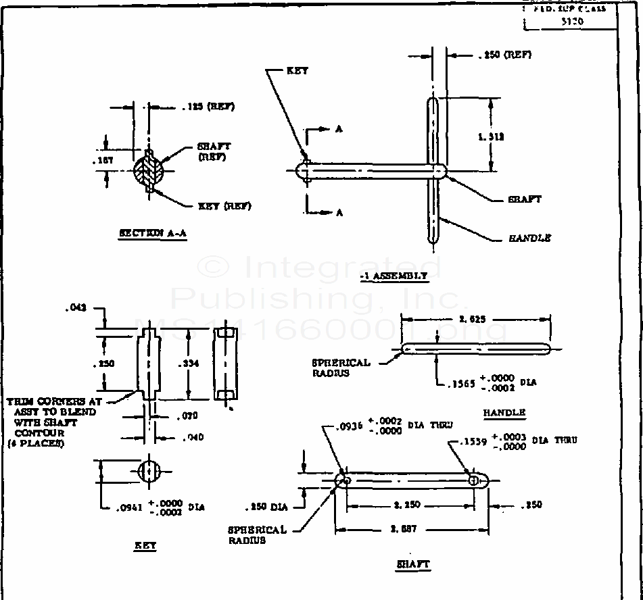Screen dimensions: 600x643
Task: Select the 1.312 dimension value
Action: (492, 136)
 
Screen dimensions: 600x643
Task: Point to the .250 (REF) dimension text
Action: (504, 55)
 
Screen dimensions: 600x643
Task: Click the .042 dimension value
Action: (76, 308)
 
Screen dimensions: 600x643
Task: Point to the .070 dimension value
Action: (187, 417)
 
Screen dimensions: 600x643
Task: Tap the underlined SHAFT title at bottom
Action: (412, 564)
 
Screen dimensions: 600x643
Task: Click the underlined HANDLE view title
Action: (504, 412)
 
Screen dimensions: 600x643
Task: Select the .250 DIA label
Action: (269, 506)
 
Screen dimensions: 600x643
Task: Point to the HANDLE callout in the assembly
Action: (529, 238)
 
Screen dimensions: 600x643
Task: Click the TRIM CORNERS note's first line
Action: (54, 401)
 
